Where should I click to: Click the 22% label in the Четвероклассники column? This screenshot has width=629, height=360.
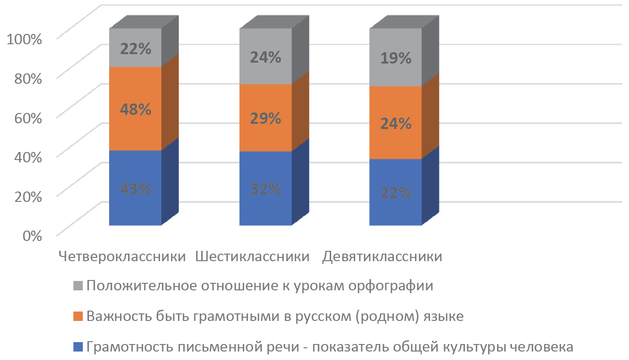tap(135, 48)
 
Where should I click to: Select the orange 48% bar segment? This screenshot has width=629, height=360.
tap(135, 109)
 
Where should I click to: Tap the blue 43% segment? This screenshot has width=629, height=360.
tap(135, 188)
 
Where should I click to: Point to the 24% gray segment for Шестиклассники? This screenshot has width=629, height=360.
tap(266, 57)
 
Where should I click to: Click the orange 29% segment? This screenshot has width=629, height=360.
tap(266, 118)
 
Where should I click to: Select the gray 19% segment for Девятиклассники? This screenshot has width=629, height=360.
tap(396, 58)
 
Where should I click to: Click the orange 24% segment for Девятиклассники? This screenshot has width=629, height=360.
tap(396, 123)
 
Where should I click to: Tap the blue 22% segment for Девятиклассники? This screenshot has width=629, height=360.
tap(396, 192)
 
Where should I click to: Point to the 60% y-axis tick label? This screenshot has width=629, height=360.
tap(25, 117)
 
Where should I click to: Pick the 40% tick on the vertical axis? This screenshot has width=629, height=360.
tap(25, 156)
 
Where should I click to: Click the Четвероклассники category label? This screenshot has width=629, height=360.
tap(122, 257)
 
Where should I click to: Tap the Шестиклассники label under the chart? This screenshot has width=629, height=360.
tap(252, 257)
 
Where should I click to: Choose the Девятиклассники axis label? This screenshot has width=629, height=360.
tap(382, 257)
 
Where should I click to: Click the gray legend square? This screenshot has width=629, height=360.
tap(78, 286)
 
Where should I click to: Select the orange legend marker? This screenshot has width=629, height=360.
tap(78, 316)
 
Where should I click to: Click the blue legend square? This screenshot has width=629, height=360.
tap(78, 348)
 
